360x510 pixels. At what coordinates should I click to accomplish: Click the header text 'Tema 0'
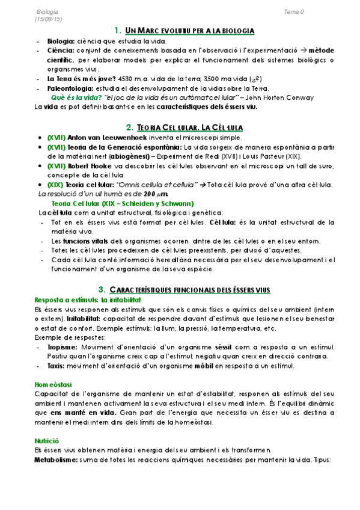(x=294, y=11)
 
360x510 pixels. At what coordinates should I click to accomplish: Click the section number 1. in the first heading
(x=118, y=30)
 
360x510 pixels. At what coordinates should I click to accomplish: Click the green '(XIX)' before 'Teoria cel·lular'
(x=56, y=184)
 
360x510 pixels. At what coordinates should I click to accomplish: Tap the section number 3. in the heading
(x=102, y=290)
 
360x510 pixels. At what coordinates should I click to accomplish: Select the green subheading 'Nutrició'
(x=46, y=441)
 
